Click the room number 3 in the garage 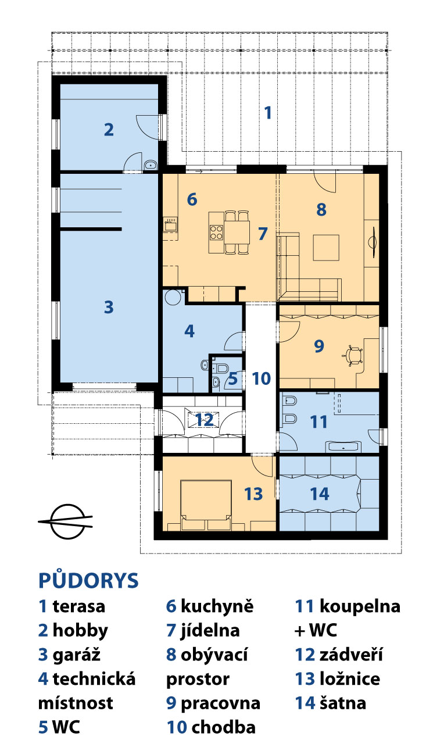pos(109,307)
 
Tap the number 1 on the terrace pos(268,113)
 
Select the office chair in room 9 pos(352,355)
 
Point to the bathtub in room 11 pos(343,447)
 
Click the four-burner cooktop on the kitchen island pos(216,233)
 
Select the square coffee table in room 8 pos(325,248)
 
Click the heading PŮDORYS pos(88,580)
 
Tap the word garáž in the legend pos(76,655)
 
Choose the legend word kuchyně pos(217,606)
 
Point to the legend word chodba pos(223,727)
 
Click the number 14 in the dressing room pos(319,494)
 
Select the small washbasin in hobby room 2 pos(151,165)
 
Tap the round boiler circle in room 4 pos(174,297)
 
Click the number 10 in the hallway pos(261,378)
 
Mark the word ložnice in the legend pos(350,678)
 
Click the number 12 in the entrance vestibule pos(204,420)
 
